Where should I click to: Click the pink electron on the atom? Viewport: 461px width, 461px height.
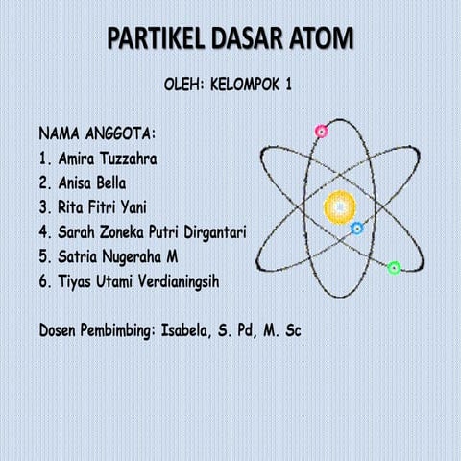321,131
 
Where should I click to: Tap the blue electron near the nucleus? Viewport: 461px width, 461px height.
356,228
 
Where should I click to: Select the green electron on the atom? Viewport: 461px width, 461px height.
394,267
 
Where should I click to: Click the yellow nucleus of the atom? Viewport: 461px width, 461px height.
339,205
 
